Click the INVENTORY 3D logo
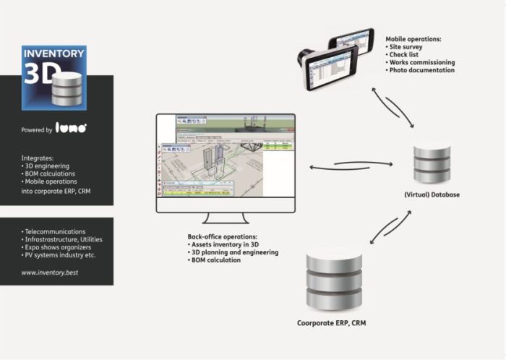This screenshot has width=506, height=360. click(x=54, y=77)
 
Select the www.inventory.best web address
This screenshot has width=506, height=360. click(x=48, y=273)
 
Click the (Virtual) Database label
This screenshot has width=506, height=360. click(x=432, y=194)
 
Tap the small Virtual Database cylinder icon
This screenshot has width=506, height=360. click(x=432, y=165)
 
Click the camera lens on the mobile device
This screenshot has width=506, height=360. click(x=305, y=57)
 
